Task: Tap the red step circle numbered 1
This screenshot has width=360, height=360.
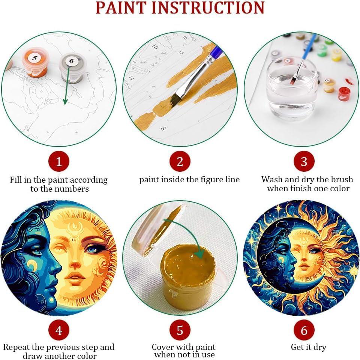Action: [58, 162]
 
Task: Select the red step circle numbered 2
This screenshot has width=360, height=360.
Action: [180, 162]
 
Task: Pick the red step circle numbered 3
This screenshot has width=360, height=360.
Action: [304, 162]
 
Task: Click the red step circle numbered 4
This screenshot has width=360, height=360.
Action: [58, 330]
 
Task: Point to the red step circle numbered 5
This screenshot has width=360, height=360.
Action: [180, 330]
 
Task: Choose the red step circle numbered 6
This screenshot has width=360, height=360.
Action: [304, 330]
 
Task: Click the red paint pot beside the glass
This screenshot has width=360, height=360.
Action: [344, 92]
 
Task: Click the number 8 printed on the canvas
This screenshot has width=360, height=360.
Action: [163, 128]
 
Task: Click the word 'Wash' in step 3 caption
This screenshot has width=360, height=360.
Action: [273, 180]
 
